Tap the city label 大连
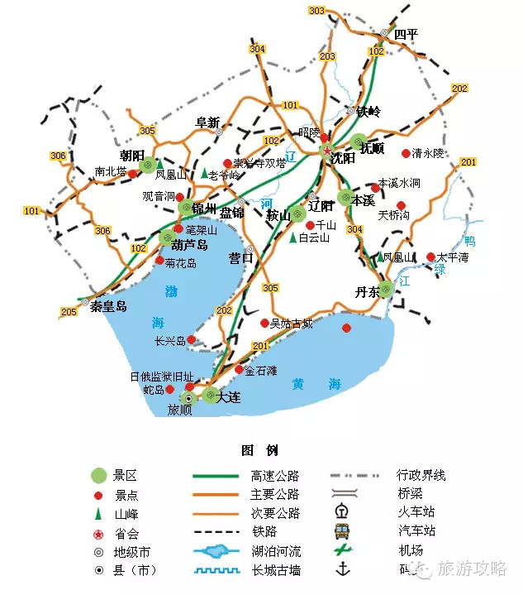click(x=228, y=398)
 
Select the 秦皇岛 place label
click(x=110, y=306)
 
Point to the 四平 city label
click(x=406, y=34)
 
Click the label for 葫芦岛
click(x=189, y=246)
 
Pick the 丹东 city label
click(x=367, y=292)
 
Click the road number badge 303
click(x=316, y=11)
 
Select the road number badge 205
click(x=69, y=312)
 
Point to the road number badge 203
click(x=328, y=56)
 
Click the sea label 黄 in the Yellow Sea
click(x=299, y=384)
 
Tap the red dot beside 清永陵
click(x=405, y=153)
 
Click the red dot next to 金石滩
click(x=239, y=370)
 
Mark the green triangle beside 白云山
click(x=292, y=238)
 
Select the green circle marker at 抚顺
click(x=358, y=142)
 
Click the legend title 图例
click(x=259, y=451)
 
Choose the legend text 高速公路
click(x=275, y=476)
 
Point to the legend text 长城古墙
click(x=276, y=570)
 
